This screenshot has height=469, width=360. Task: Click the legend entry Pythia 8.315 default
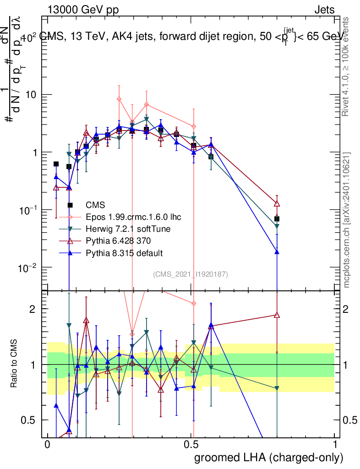pyautogui.click(x=124, y=253)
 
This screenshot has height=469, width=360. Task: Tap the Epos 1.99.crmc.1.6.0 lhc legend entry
pyautogui.click(x=130, y=217)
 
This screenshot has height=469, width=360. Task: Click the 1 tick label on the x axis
pyautogui.click(x=335, y=444)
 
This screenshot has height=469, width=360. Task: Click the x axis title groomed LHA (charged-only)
pyautogui.click(x=269, y=457)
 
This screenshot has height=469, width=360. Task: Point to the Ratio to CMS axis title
pyautogui.click(x=14, y=364)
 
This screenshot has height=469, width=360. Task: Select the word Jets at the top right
pyautogui.click(x=324, y=10)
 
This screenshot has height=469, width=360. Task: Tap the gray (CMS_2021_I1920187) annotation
pyautogui.click(x=190, y=274)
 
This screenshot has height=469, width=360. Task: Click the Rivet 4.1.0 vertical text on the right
pyautogui.click(x=347, y=67)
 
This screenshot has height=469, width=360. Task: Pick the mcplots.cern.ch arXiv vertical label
pyautogui.click(x=347, y=220)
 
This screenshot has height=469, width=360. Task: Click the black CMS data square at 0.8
pyautogui.click(x=277, y=219)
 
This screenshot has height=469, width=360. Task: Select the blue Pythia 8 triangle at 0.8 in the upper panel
pyautogui.click(x=277, y=251)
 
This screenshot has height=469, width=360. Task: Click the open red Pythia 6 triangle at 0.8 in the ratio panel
pyautogui.click(x=277, y=315)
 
